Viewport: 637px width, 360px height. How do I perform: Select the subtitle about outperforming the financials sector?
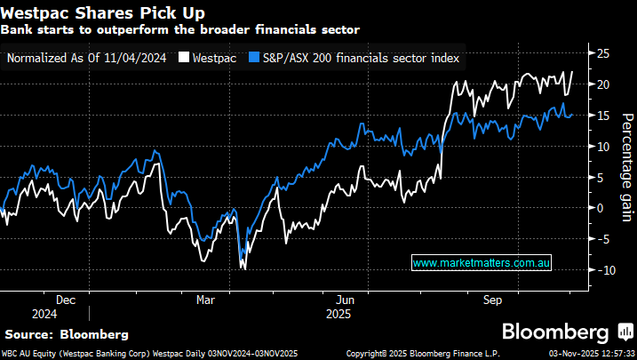pyautogui.click(x=179, y=29)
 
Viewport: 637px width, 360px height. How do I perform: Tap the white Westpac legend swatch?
pyautogui.click(x=185, y=58)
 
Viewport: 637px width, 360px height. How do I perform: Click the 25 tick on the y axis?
pyautogui.click(x=603, y=53)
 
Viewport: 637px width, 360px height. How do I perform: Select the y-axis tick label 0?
pyautogui.click(x=600, y=208)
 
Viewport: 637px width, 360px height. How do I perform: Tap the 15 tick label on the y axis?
pyautogui.click(x=603, y=116)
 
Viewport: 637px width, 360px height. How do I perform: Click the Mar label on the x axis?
pyautogui.click(x=206, y=300)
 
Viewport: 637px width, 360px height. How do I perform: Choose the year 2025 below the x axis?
pyautogui.click(x=338, y=314)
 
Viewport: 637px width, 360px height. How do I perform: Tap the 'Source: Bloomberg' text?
pyautogui.click(x=67, y=334)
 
